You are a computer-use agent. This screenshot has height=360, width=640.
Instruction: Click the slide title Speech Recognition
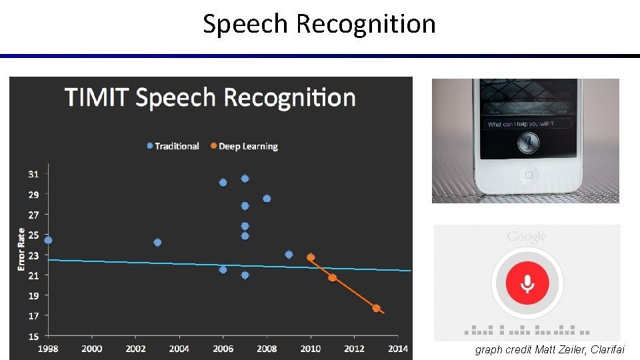point(319,24)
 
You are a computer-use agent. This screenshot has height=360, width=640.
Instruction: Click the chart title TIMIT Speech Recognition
point(210,97)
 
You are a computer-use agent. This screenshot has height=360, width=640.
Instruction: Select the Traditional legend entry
point(173,146)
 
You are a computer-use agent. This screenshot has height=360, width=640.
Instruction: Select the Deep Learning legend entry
point(244,146)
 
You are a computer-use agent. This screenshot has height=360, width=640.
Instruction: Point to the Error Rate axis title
point(21,249)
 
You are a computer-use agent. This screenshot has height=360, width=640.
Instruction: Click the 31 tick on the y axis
point(33,174)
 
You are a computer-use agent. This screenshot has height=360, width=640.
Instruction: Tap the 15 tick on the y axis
point(33,336)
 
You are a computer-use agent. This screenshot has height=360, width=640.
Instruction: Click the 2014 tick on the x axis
point(398,348)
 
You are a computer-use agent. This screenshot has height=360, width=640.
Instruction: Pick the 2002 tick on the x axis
point(135,348)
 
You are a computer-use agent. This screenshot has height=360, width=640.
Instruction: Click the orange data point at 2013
point(376,308)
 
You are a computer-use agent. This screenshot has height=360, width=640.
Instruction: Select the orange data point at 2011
point(332,277)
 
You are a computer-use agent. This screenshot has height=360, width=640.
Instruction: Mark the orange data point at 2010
point(311,257)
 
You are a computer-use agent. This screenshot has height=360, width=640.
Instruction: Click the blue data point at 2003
point(157,243)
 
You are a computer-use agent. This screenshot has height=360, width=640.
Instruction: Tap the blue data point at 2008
point(267,199)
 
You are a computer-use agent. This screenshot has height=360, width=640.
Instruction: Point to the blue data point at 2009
point(289,255)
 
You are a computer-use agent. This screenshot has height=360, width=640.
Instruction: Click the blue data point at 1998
point(48,240)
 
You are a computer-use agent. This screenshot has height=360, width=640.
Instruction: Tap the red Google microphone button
point(527,283)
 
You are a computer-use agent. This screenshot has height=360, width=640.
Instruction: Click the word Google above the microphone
point(527,237)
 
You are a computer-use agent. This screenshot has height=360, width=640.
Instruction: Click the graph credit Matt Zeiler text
point(550,350)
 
